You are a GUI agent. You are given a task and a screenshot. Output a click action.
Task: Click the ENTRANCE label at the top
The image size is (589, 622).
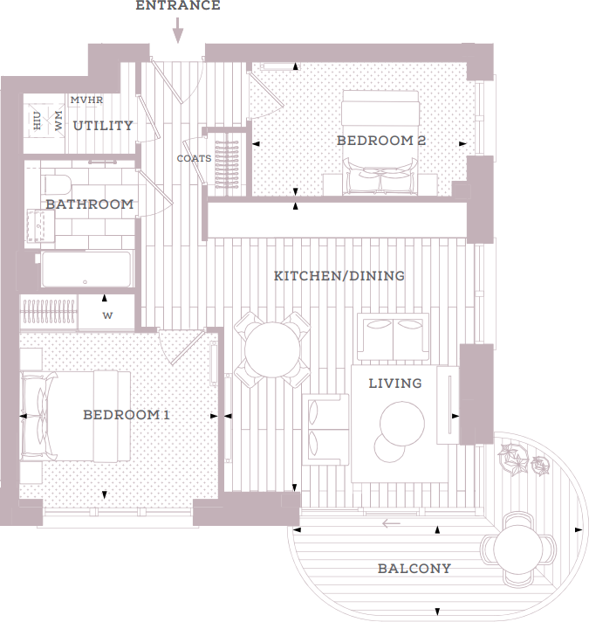177,6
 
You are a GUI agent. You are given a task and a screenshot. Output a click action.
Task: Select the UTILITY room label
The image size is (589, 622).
103,126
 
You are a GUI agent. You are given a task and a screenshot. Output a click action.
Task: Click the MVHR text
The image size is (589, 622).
86,100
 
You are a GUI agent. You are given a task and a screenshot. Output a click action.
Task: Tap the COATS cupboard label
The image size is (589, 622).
194,159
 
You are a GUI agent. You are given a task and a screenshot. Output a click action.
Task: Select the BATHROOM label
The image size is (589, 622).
90,204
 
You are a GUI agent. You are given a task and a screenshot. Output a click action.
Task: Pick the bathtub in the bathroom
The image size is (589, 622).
86,269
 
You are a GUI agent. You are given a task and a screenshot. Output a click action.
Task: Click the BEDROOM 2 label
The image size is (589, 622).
381,140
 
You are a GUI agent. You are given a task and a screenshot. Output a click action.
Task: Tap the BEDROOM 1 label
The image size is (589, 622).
127,415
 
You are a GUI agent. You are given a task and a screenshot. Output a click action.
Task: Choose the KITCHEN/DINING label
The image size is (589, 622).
339,276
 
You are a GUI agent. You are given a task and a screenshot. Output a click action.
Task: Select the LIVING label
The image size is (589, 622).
394,383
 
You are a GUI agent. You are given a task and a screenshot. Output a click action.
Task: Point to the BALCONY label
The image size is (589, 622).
414,569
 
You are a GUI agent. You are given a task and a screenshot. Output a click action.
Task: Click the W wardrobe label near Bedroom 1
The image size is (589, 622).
107,314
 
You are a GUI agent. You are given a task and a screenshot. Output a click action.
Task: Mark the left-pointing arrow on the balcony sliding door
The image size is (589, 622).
391,524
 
